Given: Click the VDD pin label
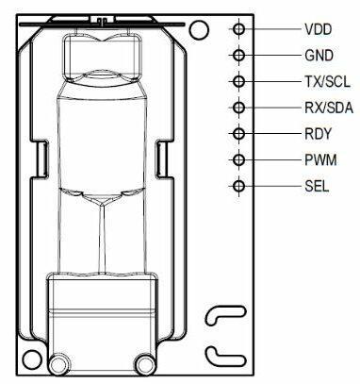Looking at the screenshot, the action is tap(318, 29).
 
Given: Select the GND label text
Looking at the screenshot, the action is tap(319, 56).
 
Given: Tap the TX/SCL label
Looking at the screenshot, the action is tap(327, 82).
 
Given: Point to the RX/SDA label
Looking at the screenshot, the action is tap(329, 108).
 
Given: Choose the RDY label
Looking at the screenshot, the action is tap(318, 134).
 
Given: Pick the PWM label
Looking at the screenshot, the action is tap(320, 160).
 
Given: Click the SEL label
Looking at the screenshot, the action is tap(317, 186).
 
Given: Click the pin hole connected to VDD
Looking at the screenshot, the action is tap(239, 29).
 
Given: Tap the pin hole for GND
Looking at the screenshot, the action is tap(239, 56).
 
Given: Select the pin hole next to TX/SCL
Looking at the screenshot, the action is tap(239, 81).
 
